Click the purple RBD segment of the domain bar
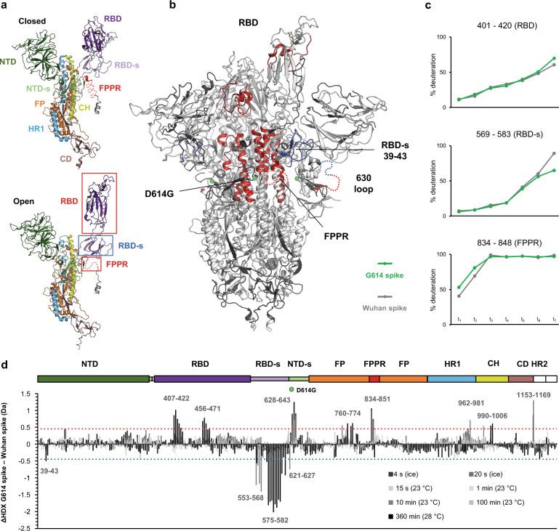(x=201, y=378)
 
